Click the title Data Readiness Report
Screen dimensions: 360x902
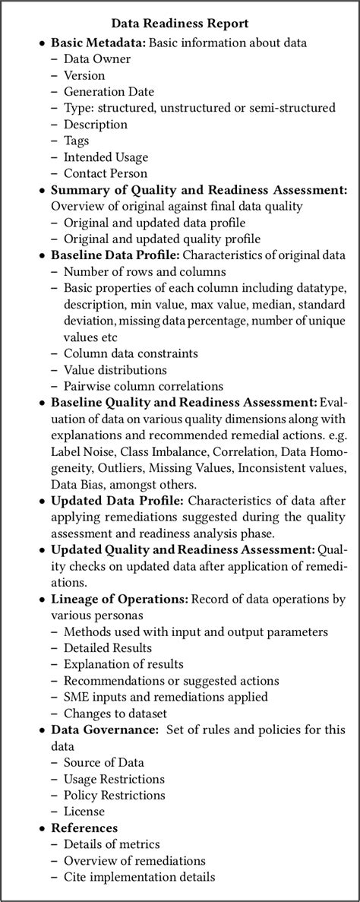pyautogui.click(x=180, y=24)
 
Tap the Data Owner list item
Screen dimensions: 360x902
pyautogui.click(x=97, y=59)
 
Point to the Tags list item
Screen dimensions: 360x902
pyautogui.click(x=77, y=141)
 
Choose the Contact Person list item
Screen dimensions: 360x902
pyautogui.click(x=107, y=173)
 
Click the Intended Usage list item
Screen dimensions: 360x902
pyautogui.click(x=106, y=157)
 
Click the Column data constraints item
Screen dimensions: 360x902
pyautogui.click(x=131, y=353)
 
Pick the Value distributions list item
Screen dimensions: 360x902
pyautogui.click(x=115, y=369)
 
